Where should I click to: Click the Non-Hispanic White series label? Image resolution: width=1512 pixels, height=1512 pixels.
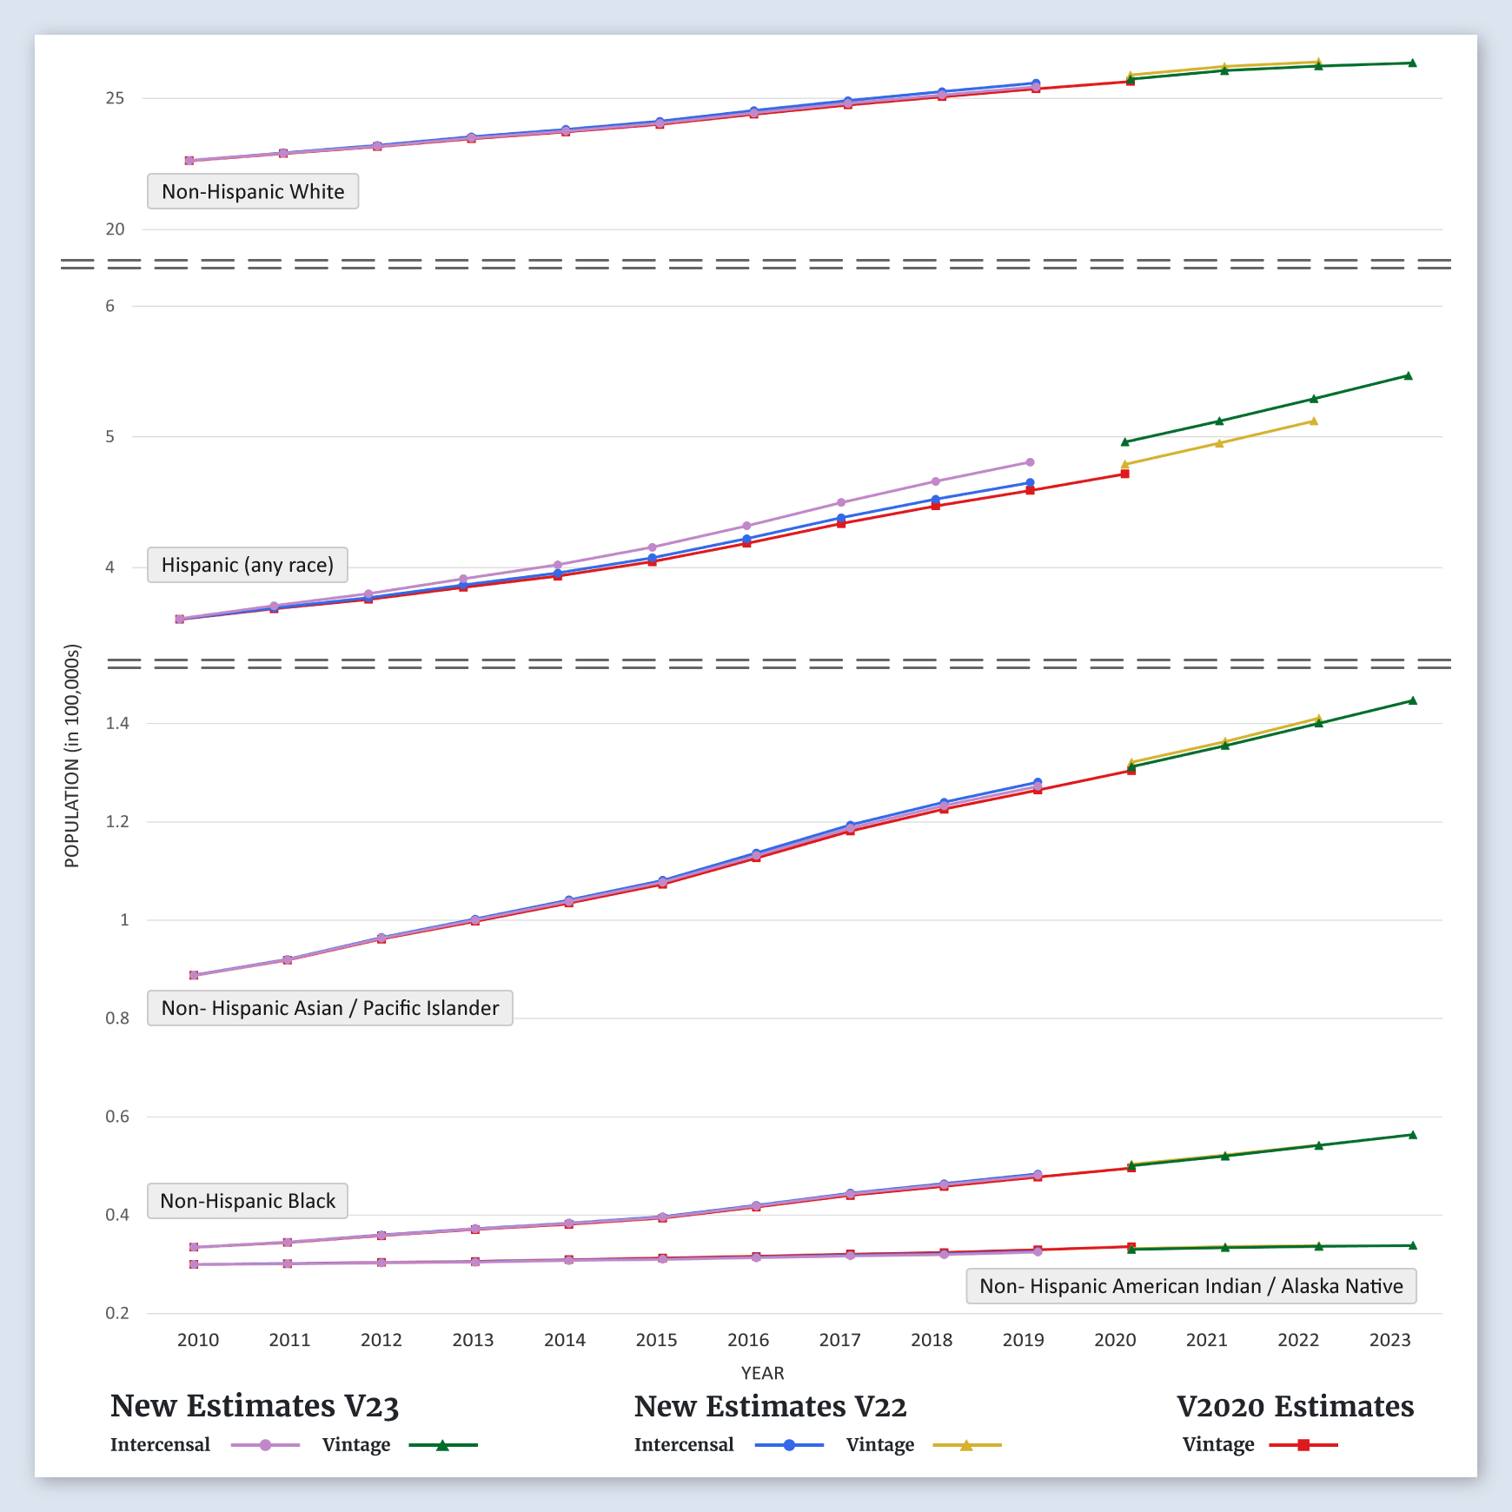point(253,192)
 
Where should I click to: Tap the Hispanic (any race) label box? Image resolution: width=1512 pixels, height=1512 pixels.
point(248,566)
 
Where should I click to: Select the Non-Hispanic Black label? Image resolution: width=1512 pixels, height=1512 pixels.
point(248,1202)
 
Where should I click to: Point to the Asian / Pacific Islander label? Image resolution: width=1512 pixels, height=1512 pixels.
point(330,1009)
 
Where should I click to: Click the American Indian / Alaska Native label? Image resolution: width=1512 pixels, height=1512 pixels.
point(1190,1287)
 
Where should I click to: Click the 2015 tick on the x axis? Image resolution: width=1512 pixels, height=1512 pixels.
point(656,1340)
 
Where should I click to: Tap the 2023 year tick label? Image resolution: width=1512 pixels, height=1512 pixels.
point(1389,1340)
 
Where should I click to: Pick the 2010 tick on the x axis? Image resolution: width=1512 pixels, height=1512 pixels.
point(198,1340)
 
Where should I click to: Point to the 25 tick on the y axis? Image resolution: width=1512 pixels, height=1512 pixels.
point(115,98)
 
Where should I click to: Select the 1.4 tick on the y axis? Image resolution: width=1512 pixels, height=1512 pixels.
point(117,723)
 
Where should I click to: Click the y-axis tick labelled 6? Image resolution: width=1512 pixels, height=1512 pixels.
point(110,306)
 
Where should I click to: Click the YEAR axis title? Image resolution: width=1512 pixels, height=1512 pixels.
point(762,1373)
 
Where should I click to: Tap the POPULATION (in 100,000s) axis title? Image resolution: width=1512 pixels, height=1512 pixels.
point(72,756)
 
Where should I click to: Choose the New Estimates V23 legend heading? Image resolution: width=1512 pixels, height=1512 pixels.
point(255,1406)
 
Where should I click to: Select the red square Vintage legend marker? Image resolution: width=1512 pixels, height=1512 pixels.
point(1303,1445)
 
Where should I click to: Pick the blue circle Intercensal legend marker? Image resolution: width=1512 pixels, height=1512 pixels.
point(789,1445)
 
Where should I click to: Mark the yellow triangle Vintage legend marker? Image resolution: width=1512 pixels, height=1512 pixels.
point(966,1445)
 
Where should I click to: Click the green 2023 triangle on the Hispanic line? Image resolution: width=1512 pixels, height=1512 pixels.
point(1408,376)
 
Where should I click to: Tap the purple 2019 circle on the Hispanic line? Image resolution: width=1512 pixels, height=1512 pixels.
point(1030,462)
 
